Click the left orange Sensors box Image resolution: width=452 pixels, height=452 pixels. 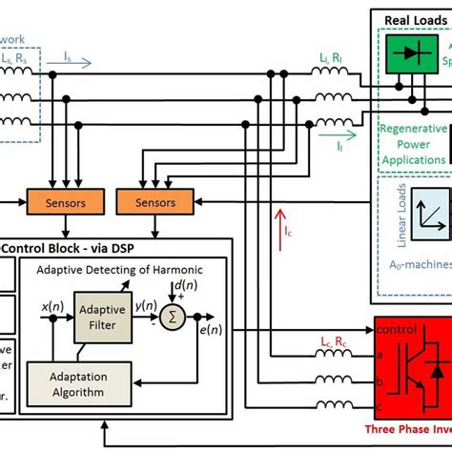pyautogui.click(x=64, y=202)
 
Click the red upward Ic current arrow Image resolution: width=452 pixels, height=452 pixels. pyautogui.click(x=277, y=227)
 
